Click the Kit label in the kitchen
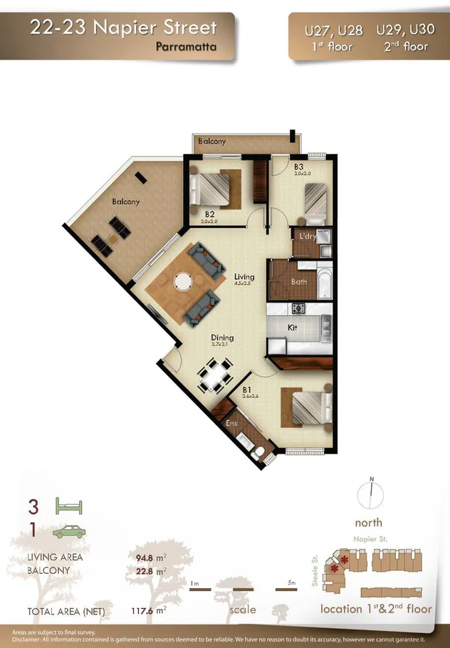pyautogui.click(x=292, y=328)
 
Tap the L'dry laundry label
pyautogui.click(x=308, y=236)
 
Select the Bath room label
pyautogui.click(x=298, y=281)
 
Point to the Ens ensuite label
pyautogui.click(x=231, y=424)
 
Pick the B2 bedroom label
pyautogui.click(x=210, y=214)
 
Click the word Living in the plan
pyautogui.click(x=244, y=276)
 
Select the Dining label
pyautogui.click(x=222, y=338)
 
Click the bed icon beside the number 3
pyautogui.click(x=69, y=507)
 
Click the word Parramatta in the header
pyautogui.click(x=185, y=47)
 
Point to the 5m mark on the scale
pyautogui.click(x=291, y=583)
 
